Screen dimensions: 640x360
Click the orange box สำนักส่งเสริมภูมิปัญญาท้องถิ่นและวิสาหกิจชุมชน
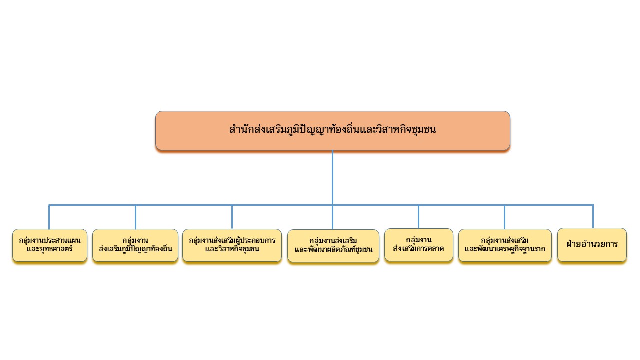click(333, 131)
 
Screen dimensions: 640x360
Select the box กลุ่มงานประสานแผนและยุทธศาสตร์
click(50, 245)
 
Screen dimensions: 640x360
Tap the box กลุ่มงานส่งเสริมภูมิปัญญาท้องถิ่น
click(135, 245)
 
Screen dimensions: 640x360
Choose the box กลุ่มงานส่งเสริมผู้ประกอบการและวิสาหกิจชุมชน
click(232, 245)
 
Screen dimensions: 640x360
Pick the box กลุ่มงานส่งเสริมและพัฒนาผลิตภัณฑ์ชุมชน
click(333, 246)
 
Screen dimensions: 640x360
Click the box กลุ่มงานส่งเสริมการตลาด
click(419, 245)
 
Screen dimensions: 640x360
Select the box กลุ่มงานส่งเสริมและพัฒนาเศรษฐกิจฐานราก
click(505, 245)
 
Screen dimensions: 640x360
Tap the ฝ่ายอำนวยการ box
click(592, 245)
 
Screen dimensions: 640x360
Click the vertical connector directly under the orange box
click(333, 177)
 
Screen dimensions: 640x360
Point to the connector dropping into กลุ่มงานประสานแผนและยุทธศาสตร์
click(49, 217)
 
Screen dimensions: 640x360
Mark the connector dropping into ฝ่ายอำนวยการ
click(593, 216)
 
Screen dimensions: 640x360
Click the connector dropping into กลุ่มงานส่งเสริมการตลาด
click(419, 216)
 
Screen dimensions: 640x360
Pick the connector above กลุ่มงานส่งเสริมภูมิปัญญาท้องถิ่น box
click(135, 217)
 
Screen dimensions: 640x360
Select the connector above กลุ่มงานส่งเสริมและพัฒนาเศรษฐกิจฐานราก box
click(505, 217)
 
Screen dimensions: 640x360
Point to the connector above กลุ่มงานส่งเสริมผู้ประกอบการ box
click(232, 217)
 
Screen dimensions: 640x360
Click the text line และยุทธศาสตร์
click(50, 249)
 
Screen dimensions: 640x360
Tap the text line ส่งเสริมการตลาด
click(418, 249)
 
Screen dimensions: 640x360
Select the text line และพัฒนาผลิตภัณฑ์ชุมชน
click(333, 250)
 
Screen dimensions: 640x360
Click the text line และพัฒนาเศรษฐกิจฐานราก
click(505, 249)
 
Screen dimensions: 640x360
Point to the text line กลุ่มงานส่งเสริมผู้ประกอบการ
click(232, 240)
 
